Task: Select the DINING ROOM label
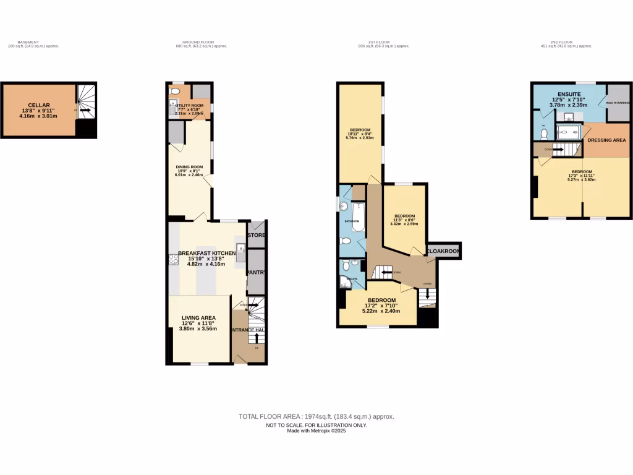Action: click(x=190, y=167)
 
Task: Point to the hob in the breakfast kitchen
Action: click(x=174, y=259)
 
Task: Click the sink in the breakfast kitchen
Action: click(x=240, y=249)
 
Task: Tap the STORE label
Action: click(x=256, y=235)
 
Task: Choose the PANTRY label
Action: click(x=256, y=272)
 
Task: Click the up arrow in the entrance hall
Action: click(x=257, y=337)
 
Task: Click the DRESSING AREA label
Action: click(x=606, y=140)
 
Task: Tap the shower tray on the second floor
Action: click(x=568, y=131)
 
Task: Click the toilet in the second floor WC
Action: click(x=544, y=132)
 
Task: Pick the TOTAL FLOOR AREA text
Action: click(x=316, y=417)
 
